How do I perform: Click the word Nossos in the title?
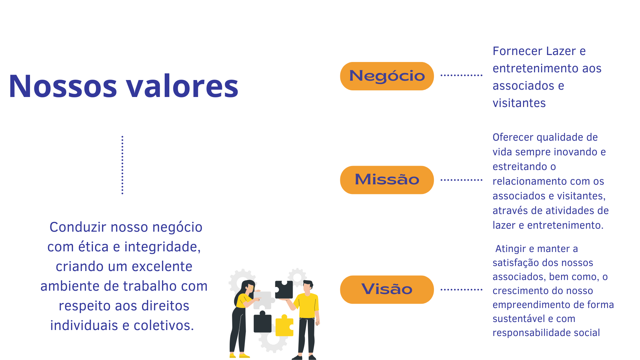[63, 86]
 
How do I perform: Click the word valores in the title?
[182, 86]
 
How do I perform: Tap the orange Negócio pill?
[387, 76]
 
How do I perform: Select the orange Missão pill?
[387, 180]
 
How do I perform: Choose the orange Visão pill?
[387, 290]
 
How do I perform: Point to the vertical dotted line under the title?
[122, 165]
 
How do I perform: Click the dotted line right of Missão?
[461, 180]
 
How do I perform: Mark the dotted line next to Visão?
[461, 290]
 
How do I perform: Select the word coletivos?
[164, 326]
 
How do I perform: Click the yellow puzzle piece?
[284, 325]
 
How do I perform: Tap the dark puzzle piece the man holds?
[284, 289]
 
